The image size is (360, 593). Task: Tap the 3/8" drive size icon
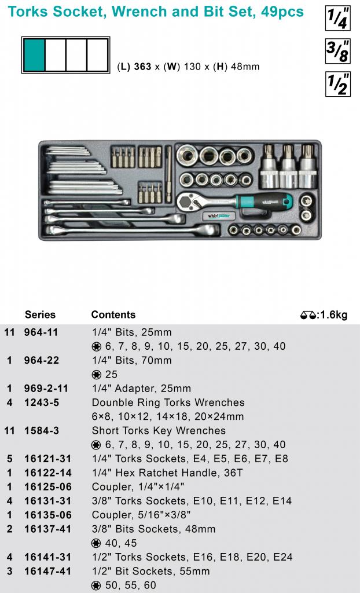pyautogui.click(x=337, y=52)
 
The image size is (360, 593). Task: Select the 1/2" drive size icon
pyautogui.click(x=337, y=85)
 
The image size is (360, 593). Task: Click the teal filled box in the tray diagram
pyautogui.click(x=34, y=55)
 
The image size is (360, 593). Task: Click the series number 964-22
pyautogui.click(x=41, y=360)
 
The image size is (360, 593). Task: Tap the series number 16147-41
pyautogui.click(x=47, y=571)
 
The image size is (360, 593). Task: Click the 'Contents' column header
pyautogui.click(x=113, y=314)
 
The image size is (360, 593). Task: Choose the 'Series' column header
pyautogui.click(x=40, y=314)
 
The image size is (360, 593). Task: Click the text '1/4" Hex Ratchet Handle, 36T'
pyautogui.click(x=167, y=473)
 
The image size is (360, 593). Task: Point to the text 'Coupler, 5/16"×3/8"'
pyautogui.click(x=141, y=515)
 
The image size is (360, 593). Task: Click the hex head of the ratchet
pyautogui.click(x=188, y=201)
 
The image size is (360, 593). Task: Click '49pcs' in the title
pyautogui.click(x=282, y=12)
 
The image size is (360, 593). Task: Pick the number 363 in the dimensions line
pyautogui.click(x=143, y=67)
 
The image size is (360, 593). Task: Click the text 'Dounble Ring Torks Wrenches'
pyautogui.click(x=168, y=402)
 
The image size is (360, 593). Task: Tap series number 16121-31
pyautogui.click(x=47, y=459)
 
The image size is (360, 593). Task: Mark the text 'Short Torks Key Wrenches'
pyautogui.click(x=159, y=430)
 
